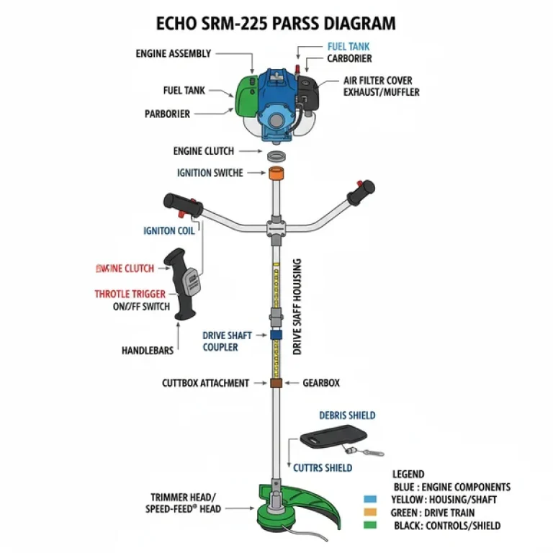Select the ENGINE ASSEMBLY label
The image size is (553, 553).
point(174,53)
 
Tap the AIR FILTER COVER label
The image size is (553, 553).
point(377,81)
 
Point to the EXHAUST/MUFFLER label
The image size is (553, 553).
point(381,92)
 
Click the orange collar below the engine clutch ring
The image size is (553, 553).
point(276,174)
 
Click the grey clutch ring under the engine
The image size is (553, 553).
point(276,156)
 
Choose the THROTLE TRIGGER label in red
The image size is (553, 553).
point(130,294)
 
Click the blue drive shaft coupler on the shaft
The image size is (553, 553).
point(276,335)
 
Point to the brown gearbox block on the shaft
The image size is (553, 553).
point(276,383)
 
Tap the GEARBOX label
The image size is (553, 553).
point(320,384)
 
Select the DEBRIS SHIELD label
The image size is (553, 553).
point(347,415)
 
